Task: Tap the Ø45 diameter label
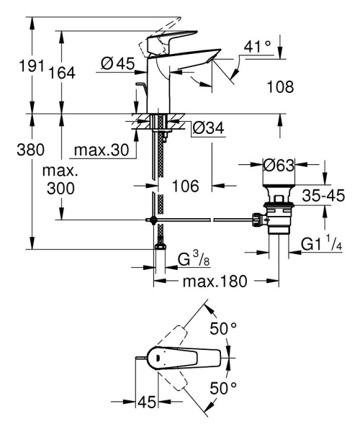point(117,64)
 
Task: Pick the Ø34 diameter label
point(210,129)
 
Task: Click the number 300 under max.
point(60,189)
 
